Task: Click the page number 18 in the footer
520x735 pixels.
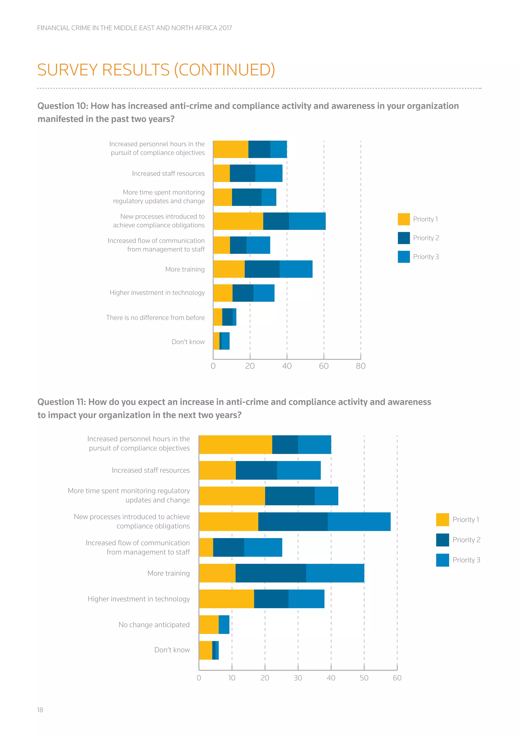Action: pos(40,710)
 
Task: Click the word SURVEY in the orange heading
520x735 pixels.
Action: pos(67,70)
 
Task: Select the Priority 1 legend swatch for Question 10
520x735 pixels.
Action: pos(403,219)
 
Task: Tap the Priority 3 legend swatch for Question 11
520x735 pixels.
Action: pos(442,560)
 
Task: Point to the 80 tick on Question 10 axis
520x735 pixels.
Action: pos(361,366)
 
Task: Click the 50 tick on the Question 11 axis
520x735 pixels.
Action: pos(364,678)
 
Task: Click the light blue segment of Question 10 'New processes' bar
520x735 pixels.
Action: pos(307,221)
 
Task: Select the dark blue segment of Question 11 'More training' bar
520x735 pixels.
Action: pos(271,573)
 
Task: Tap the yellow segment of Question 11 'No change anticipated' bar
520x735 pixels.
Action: pos(209,625)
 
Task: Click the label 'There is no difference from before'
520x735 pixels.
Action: pos(155,318)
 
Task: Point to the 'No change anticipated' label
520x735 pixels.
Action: pos(154,625)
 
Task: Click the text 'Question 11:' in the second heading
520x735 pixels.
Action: pos(61,402)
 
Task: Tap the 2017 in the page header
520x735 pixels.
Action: pos(225,28)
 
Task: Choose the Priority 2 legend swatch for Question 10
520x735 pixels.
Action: pos(403,238)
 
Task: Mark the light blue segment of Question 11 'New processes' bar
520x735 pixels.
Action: pos(359,522)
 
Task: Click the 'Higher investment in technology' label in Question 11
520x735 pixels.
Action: pos(139,599)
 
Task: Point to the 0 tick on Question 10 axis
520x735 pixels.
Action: pos(213,366)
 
